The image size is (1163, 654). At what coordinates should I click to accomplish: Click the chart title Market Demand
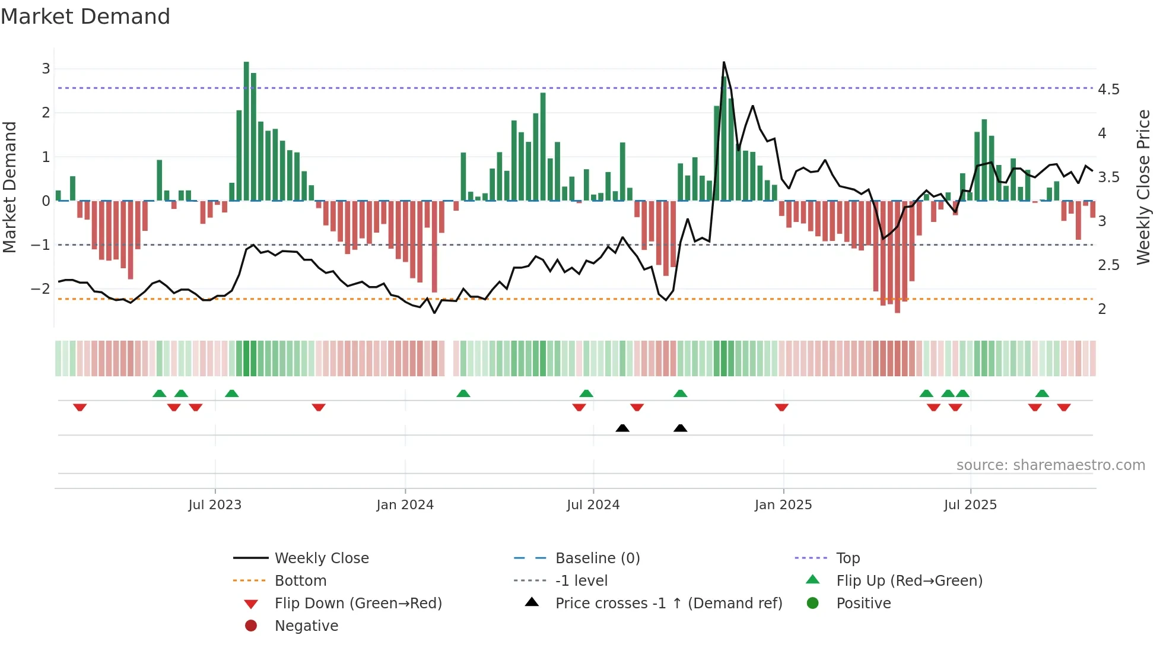[85, 17]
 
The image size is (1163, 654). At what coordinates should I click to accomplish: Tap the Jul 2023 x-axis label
[215, 505]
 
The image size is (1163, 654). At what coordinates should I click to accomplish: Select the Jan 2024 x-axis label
[405, 505]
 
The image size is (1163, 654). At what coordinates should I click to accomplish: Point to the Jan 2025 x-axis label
[783, 505]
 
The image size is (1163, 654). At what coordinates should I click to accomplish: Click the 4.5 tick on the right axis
[1108, 90]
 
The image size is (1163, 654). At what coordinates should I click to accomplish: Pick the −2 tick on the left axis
[40, 289]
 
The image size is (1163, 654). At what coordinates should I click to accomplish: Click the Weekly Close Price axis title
[1143, 187]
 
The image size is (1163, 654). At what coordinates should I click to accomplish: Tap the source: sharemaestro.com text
[1050, 465]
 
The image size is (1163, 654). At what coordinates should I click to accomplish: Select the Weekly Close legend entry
[322, 558]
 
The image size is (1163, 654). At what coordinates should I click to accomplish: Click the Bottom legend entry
[300, 581]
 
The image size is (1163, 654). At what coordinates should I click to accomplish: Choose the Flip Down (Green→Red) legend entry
[358, 604]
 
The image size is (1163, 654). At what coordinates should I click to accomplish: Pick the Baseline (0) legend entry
[597, 558]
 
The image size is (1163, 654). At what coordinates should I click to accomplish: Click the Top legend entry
[848, 558]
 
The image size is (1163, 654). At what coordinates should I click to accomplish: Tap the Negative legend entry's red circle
[251, 626]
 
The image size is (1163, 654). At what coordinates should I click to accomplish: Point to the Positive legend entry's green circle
[813, 604]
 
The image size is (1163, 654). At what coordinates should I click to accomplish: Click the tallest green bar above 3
[246, 131]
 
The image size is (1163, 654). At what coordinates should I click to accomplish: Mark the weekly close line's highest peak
[724, 62]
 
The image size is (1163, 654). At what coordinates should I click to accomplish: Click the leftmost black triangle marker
[622, 428]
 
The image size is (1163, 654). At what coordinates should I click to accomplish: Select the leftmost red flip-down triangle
[80, 407]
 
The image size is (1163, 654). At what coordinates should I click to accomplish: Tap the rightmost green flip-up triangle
[1042, 393]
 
